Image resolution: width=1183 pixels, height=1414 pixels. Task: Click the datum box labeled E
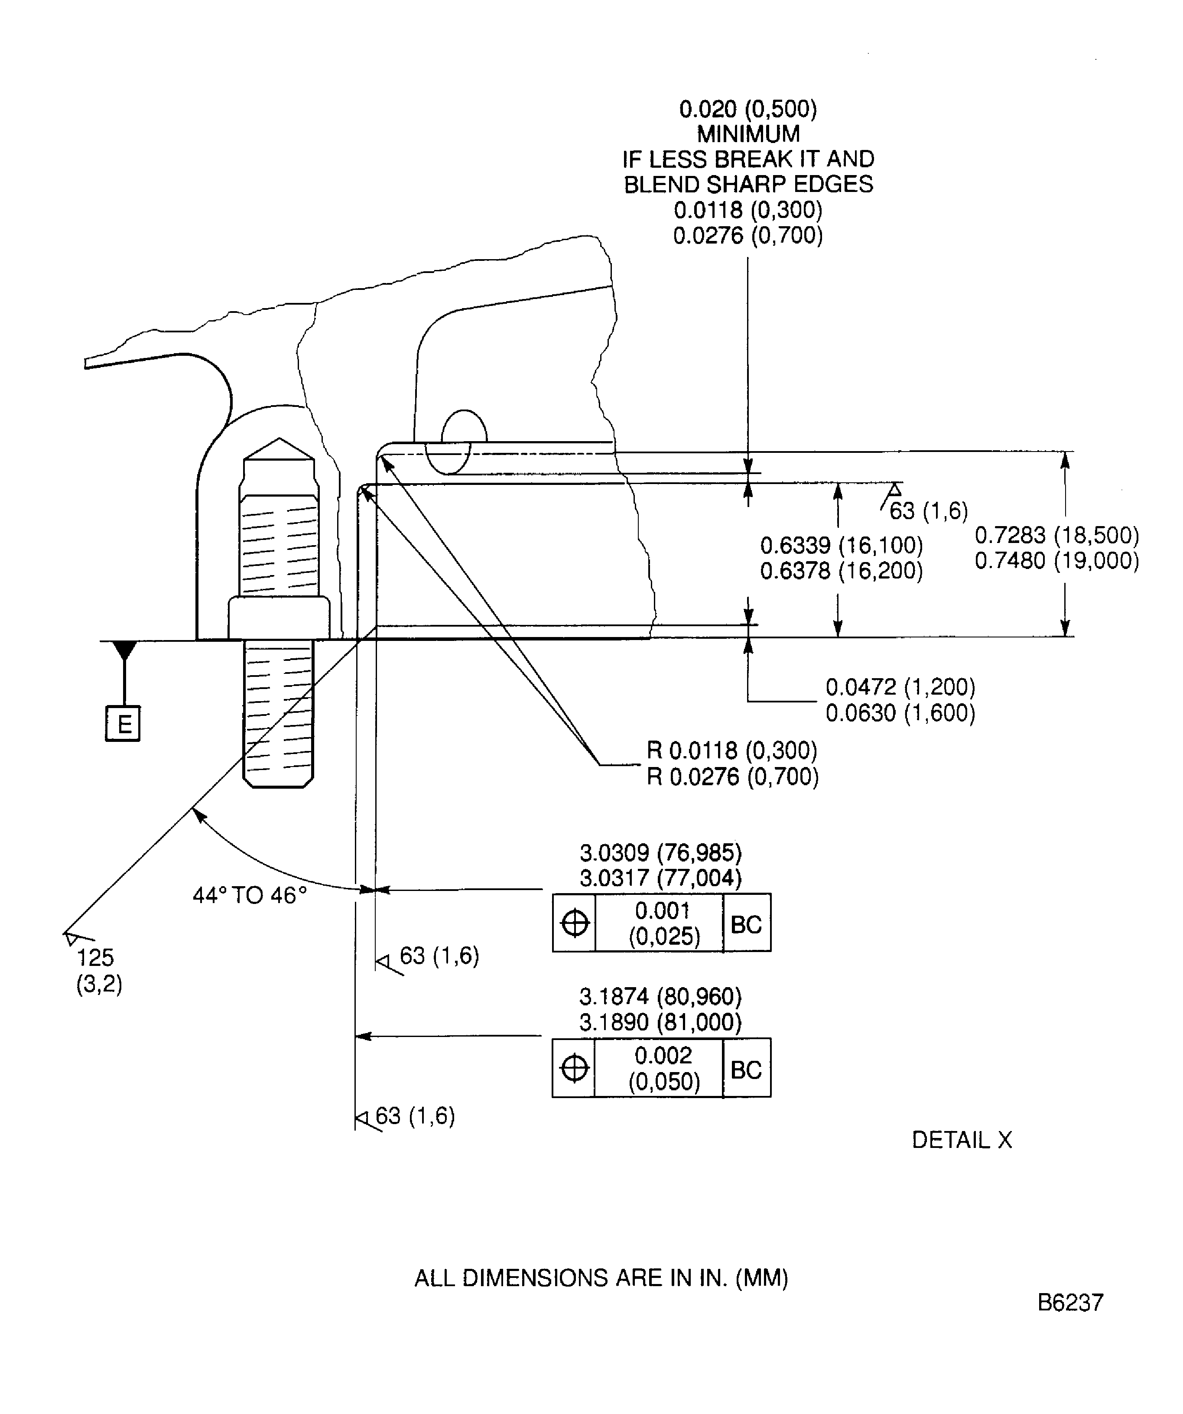(x=123, y=724)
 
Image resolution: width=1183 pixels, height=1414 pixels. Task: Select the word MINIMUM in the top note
(x=748, y=134)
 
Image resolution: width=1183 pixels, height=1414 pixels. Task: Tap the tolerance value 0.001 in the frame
(x=663, y=910)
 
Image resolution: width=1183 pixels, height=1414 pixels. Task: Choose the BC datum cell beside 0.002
(x=746, y=1069)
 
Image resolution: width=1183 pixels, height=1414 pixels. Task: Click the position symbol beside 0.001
(x=574, y=923)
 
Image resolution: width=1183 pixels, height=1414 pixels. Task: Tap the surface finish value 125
(x=95, y=957)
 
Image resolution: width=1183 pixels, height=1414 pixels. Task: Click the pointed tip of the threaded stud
(x=279, y=442)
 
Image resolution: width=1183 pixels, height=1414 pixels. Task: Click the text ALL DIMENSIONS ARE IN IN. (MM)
(x=601, y=1277)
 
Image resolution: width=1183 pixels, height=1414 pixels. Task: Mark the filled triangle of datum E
(x=124, y=650)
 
